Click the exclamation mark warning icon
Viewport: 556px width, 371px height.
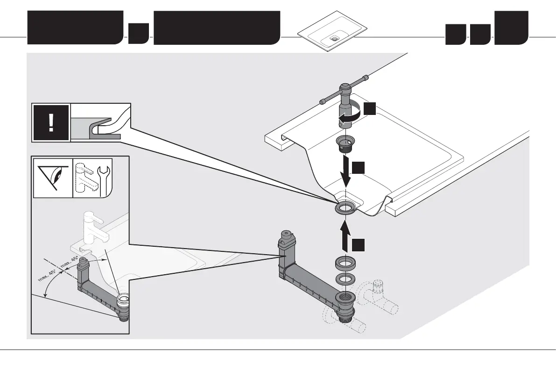point(51,122)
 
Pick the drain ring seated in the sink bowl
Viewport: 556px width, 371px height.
point(346,207)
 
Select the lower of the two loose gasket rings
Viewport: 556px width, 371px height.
point(346,281)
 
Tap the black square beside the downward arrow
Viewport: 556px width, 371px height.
point(358,168)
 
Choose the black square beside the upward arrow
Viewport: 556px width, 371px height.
point(358,245)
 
